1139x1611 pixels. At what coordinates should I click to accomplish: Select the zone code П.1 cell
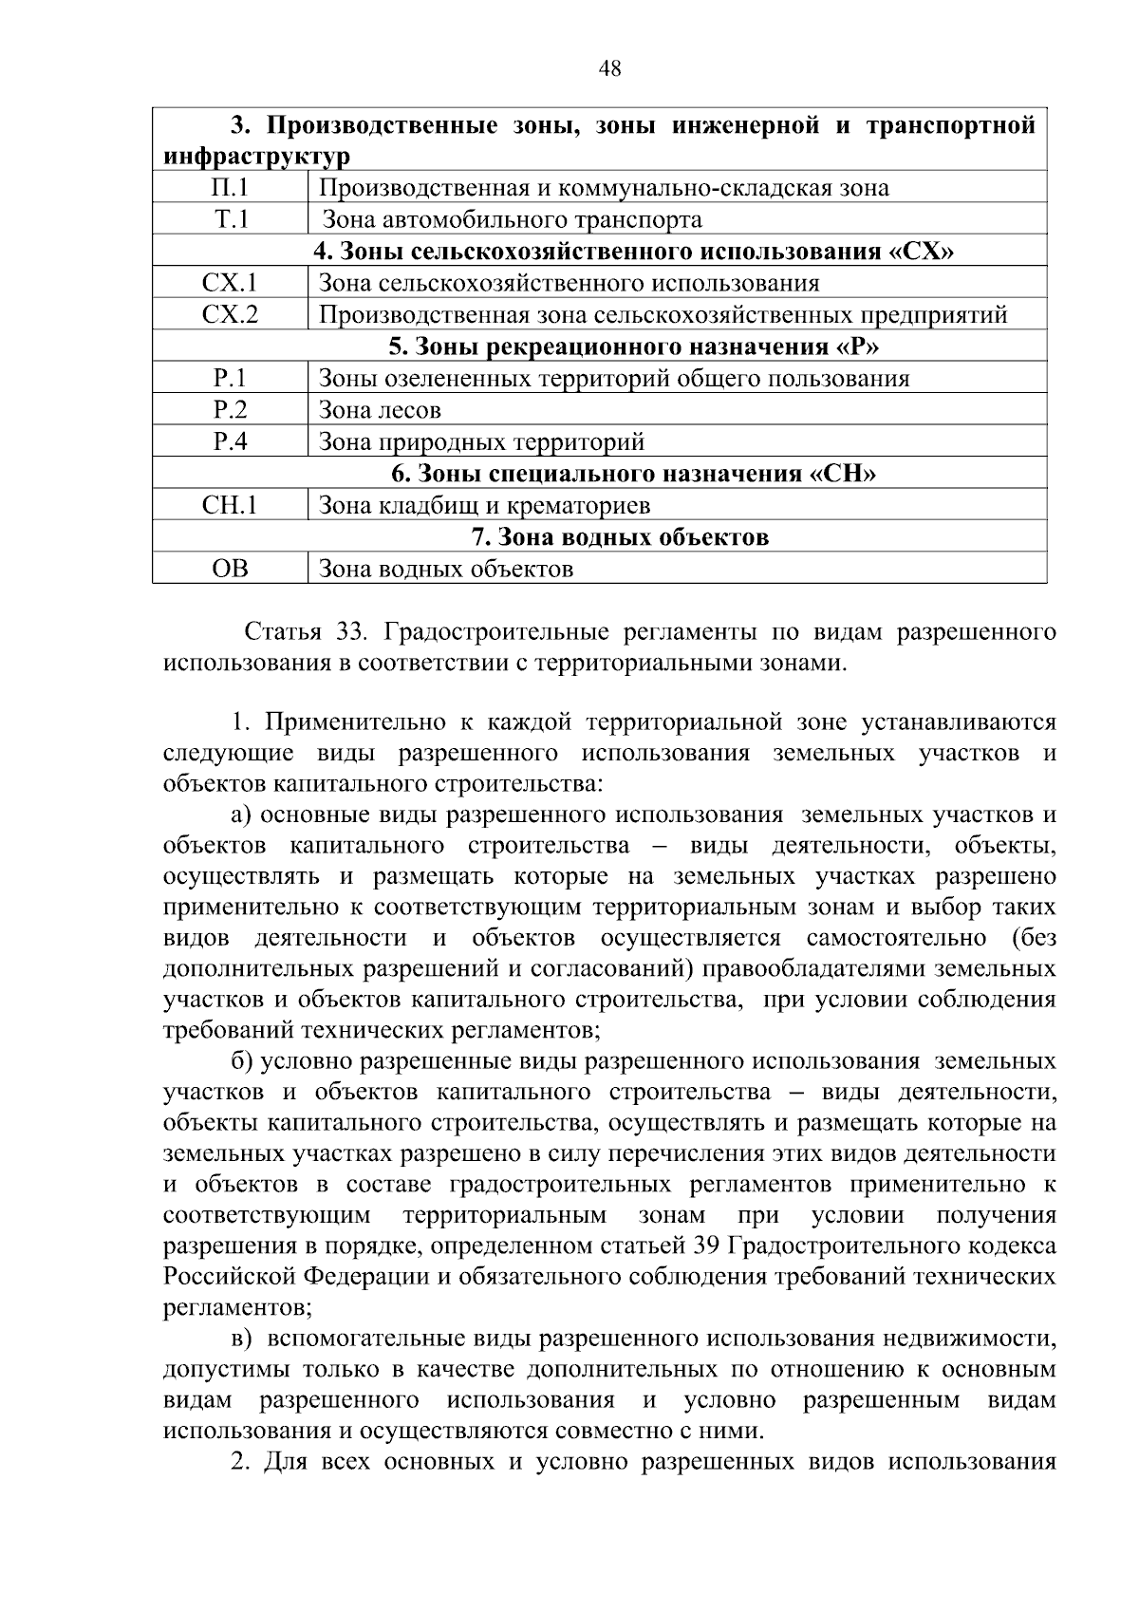(x=230, y=187)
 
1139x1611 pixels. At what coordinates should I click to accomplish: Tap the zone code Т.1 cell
(x=230, y=219)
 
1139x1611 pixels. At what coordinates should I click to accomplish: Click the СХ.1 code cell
(x=230, y=283)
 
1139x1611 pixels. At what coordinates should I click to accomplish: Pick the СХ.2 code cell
(x=230, y=314)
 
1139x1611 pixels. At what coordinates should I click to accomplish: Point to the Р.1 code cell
(x=230, y=378)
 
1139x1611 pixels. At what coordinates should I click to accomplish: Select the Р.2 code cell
(x=230, y=410)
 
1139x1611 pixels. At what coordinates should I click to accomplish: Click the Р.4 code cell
(x=230, y=441)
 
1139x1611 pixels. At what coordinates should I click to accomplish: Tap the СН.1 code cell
(x=230, y=505)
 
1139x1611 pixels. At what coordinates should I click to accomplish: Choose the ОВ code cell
(x=230, y=569)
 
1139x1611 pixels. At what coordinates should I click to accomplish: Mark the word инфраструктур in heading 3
(x=256, y=156)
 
